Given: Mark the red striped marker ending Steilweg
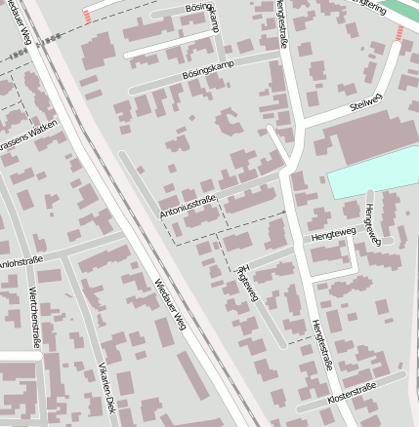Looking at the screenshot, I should tap(398, 34).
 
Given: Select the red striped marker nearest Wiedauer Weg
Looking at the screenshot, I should tap(88, 17).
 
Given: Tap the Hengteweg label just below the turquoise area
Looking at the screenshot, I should tap(369, 224).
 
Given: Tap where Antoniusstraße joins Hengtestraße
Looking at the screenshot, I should tap(283, 175).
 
